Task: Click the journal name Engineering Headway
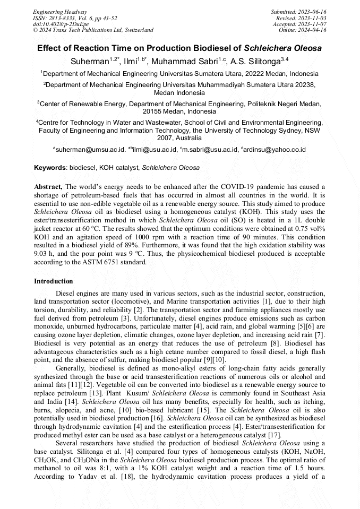(60, 12)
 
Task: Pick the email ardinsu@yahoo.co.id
(275, 150)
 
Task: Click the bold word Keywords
(49, 168)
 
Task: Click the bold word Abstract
(48, 187)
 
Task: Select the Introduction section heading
(54, 281)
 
